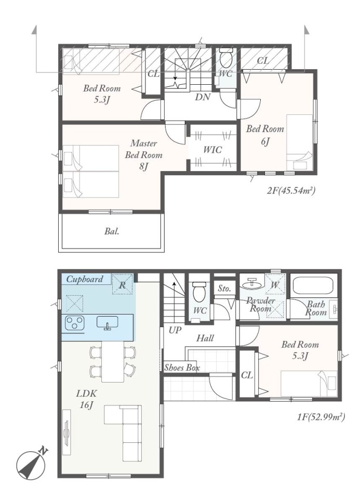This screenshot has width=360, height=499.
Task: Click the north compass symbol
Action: [x=31, y=465]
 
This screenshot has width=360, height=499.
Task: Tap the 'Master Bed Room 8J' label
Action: [x=143, y=155]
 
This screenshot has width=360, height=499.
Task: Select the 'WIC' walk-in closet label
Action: [x=212, y=149]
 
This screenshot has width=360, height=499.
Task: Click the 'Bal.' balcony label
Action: [x=112, y=231]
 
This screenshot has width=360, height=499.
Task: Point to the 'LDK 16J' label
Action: [x=86, y=399]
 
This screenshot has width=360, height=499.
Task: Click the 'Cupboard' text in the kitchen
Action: [x=85, y=279]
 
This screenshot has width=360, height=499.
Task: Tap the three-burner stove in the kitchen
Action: [x=75, y=323]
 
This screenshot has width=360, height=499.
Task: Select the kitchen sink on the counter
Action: [x=108, y=322]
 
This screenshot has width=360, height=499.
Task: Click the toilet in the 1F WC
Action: [x=199, y=292]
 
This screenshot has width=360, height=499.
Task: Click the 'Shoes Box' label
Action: [x=182, y=367]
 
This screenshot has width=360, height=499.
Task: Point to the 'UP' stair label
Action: [x=175, y=331]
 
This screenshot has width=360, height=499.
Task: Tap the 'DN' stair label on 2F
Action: [x=202, y=97]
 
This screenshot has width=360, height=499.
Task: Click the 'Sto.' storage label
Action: [x=224, y=288]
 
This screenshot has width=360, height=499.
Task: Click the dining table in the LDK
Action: [x=113, y=362]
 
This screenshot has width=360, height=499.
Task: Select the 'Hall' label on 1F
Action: [x=205, y=338]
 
